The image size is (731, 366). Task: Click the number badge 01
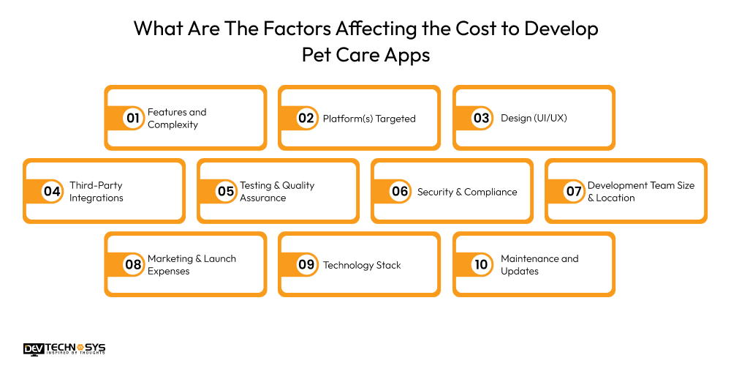point(133,119)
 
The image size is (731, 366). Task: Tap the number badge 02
point(306,119)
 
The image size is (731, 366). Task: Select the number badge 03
point(481,119)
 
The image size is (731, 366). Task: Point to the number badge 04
point(52,192)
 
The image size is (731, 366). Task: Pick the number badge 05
point(225,192)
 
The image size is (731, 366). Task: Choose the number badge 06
point(400,192)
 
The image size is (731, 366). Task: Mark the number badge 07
point(574,192)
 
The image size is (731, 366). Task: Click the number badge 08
point(133,265)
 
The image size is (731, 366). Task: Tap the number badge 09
point(306,265)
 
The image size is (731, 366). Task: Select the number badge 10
point(481,265)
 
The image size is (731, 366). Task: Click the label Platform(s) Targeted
point(369,119)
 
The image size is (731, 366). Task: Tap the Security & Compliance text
point(467,192)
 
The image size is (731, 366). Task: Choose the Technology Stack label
point(362,265)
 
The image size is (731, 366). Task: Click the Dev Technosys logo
point(64,348)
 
